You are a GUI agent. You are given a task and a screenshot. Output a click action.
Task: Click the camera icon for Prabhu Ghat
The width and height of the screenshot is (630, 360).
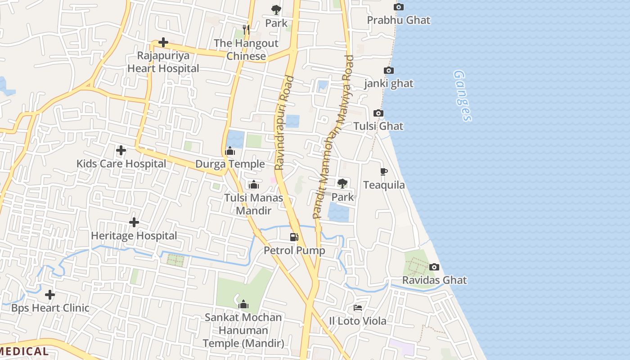pos(398,7)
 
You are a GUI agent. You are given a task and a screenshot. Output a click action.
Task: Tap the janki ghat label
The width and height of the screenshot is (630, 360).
pos(389,84)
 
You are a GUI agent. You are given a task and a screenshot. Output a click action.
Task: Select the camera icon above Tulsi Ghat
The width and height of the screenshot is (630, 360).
pos(378,113)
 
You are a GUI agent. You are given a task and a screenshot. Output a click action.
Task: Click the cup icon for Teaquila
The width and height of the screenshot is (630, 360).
pos(383,171)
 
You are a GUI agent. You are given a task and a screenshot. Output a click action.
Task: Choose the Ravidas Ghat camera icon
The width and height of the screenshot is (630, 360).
pos(434,267)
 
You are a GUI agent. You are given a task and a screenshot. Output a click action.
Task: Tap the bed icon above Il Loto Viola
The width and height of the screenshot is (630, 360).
pos(358,308)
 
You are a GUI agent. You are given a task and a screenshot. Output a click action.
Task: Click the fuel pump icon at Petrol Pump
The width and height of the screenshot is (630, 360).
pos(294,237)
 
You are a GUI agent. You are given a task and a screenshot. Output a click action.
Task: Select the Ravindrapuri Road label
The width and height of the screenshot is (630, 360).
pos(284,123)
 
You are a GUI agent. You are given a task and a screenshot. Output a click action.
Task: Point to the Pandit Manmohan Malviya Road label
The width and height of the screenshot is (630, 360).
pos(333,137)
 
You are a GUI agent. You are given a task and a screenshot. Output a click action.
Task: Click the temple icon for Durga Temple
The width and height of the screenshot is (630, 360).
pos(230,151)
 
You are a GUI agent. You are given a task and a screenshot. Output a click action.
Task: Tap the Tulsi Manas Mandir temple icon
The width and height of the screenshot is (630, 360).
pos(254,184)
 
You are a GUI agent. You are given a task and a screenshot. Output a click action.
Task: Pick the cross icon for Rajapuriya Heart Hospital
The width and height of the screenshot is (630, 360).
pos(163,42)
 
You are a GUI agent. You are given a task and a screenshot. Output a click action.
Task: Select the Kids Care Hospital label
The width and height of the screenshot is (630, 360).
pos(121,164)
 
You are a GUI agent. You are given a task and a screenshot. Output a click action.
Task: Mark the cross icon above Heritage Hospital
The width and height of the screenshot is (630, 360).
pos(134,222)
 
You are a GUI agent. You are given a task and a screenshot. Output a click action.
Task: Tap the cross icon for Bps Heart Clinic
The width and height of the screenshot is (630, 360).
pos(50,295)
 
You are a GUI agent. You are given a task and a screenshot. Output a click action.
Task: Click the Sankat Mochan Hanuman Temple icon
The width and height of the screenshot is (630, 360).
pos(243,305)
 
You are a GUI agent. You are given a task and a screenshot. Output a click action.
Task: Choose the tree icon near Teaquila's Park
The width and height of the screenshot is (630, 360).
pos(342,183)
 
